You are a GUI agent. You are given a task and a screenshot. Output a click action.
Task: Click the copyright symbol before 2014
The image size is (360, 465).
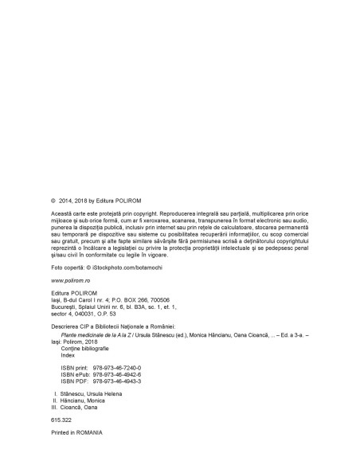[x=53, y=201]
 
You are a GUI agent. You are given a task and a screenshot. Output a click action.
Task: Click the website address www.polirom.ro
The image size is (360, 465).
[x=72, y=281]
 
